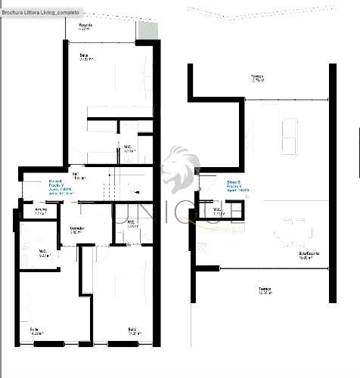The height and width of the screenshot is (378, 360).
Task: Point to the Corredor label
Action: click(76, 230)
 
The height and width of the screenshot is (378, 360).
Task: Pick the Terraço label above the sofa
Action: click(257, 77)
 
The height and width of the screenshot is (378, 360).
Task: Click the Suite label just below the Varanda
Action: click(84, 55)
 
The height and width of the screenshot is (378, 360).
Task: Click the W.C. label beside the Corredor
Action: click(131, 223)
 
